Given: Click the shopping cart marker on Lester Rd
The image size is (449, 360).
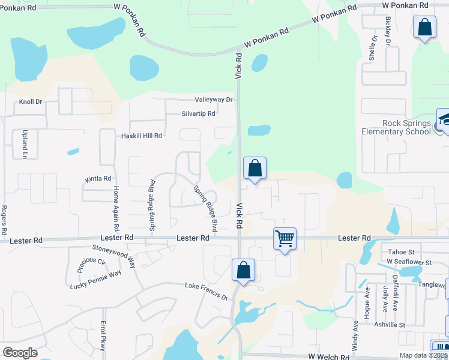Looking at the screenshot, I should (x=285, y=238).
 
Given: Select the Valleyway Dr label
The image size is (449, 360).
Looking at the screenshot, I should (x=213, y=100).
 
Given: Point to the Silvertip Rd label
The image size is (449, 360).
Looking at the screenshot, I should (x=198, y=113).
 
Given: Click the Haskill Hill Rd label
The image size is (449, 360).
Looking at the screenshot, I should (x=142, y=136).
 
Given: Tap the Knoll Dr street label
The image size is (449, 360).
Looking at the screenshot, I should (x=31, y=102).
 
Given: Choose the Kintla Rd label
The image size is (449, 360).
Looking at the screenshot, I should (x=98, y=178).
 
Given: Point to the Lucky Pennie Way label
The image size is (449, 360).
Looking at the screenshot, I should (x=95, y=272).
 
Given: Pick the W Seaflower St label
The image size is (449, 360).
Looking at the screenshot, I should (x=409, y=263).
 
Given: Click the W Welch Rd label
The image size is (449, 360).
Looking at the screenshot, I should (x=329, y=356).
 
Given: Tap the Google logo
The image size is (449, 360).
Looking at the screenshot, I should (x=20, y=353).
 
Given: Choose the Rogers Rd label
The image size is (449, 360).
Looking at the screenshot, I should (x=4, y=220).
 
